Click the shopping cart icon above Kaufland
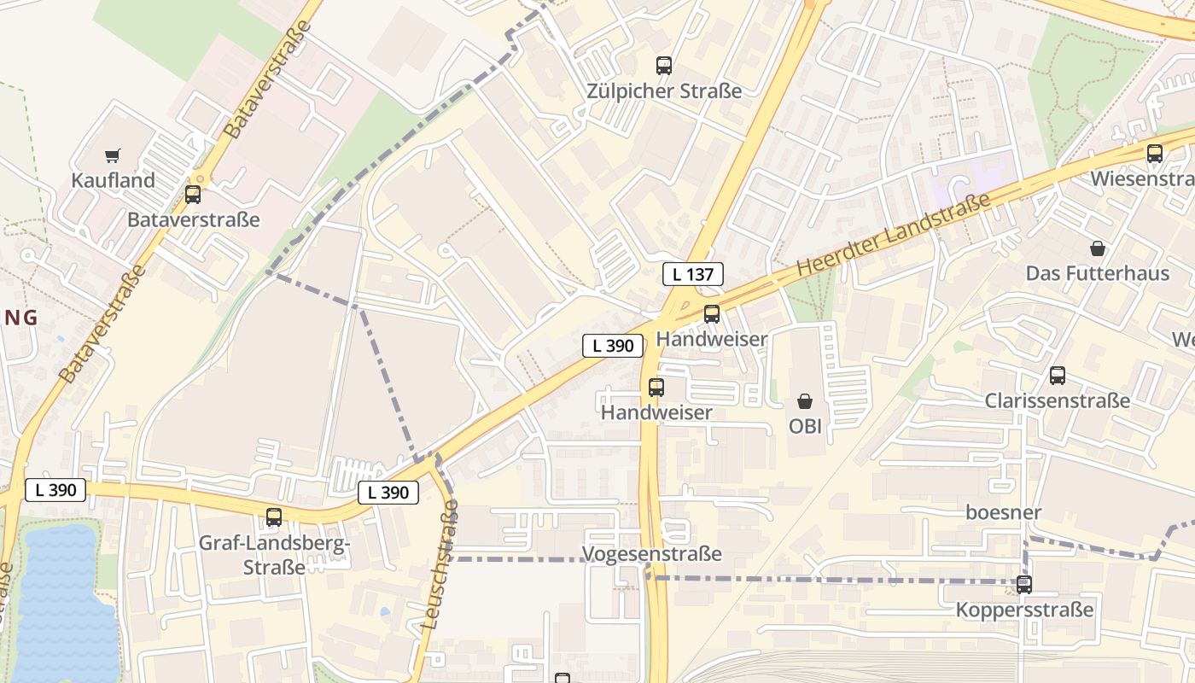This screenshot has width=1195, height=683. [112, 155]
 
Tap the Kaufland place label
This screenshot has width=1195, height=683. [113, 180]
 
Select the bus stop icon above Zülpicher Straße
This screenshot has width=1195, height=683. [663, 65]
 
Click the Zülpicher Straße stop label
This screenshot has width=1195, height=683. [664, 90]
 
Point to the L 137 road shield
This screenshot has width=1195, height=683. [693, 274]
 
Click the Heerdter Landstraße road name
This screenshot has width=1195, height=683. [893, 234]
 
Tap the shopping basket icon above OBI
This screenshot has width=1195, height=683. [804, 400]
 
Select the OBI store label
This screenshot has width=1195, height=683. [804, 426]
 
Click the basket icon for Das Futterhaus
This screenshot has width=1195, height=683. [1097, 248]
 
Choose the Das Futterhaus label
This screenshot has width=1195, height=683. [1097, 273]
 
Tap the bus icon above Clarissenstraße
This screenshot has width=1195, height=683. [1057, 375]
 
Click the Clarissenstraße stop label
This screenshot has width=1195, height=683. [1057, 400]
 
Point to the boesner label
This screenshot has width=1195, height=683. [1003, 512]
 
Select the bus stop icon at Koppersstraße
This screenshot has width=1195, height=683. [1023, 585]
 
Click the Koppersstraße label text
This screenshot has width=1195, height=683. [1023, 610]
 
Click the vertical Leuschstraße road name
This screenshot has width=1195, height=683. [441, 565]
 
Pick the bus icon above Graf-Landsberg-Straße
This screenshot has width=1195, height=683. [273, 517]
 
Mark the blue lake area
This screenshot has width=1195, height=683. [60, 606]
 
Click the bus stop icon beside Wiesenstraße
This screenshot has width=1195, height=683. [1154, 154]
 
